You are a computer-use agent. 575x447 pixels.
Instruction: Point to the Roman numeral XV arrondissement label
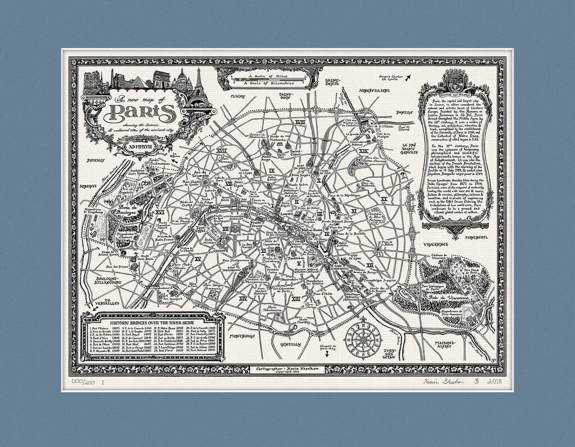(x=197, y=259)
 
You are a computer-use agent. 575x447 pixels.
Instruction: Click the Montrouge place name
(x=242, y=336)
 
